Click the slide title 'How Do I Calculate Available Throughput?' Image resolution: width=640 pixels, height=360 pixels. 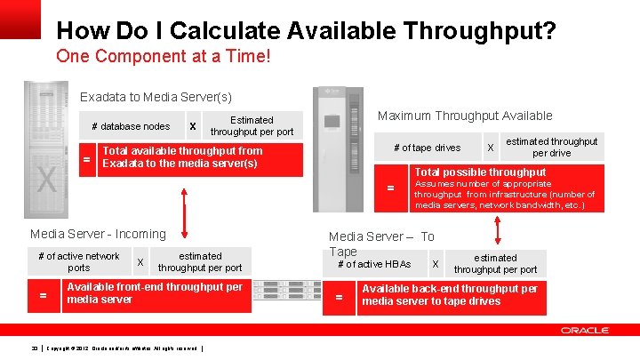tap(307, 32)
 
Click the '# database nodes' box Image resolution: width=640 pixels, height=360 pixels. tap(131, 126)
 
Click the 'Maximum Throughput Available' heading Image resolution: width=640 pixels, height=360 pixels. tap(465, 116)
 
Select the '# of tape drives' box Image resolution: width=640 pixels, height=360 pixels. tap(427, 148)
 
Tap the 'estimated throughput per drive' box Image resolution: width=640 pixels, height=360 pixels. tap(551, 147)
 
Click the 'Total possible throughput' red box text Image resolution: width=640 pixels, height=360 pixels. tap(480, 172)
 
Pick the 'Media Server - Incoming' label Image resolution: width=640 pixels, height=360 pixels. tap(98, 234)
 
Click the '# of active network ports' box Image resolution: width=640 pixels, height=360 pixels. tap(79, 261)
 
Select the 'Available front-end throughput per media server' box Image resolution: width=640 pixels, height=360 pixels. tap(155, 293)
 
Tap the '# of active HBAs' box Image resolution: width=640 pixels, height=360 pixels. tap(374, 264)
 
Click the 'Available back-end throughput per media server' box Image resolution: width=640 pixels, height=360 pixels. tap(449, 295)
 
